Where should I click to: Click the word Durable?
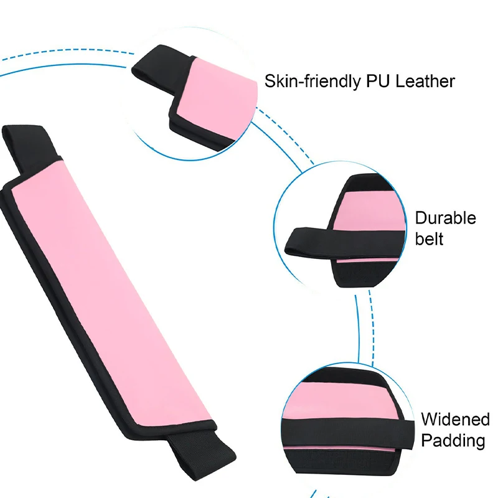coord(445,218)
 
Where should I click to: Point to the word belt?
coord(429,238)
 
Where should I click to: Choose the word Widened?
coord(455,420)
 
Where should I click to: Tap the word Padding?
coord(453,441)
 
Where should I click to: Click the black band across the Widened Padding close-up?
coord(349,430)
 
